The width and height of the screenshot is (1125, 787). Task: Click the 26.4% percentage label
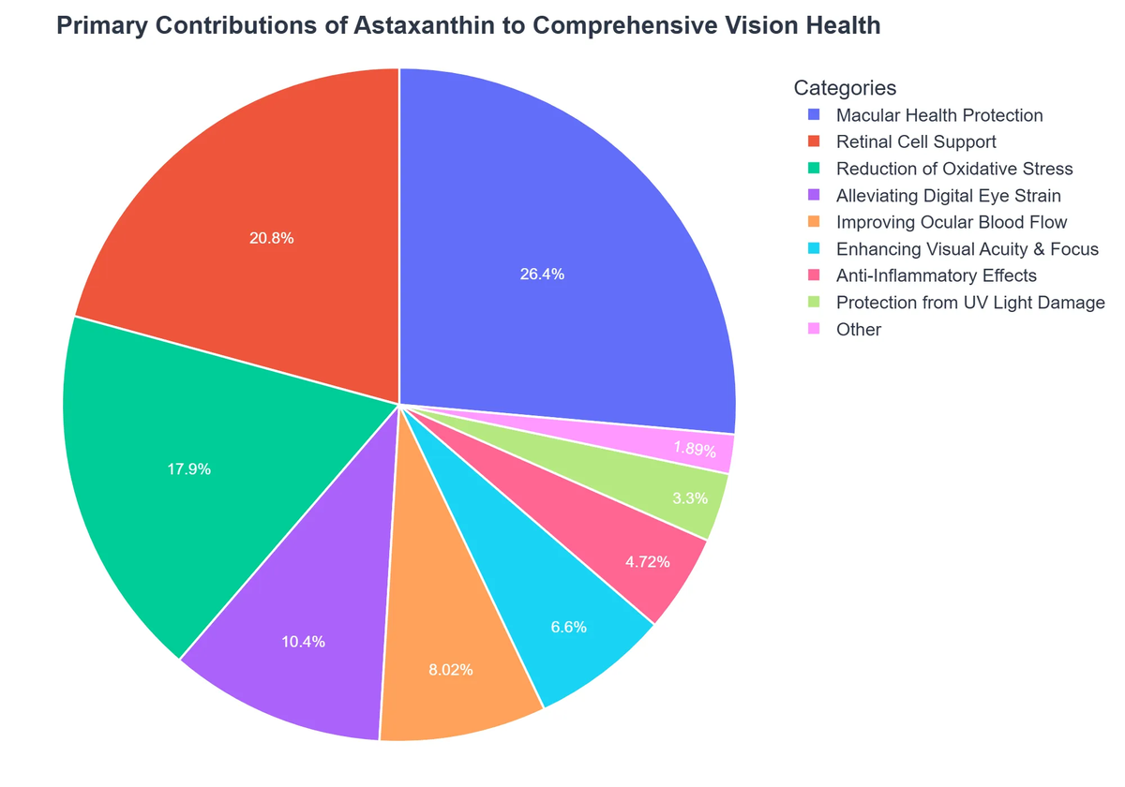542,275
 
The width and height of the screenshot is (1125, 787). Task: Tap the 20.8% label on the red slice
272,238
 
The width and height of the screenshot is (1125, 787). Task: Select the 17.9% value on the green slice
189,469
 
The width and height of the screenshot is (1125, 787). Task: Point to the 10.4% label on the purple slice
303,642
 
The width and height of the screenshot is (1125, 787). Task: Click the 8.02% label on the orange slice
451,670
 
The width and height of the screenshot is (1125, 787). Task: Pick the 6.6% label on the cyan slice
568,627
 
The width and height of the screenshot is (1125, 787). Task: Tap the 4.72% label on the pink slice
647,562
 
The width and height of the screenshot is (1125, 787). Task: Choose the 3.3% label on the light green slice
690,498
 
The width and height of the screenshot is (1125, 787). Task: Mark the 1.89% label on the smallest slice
695,449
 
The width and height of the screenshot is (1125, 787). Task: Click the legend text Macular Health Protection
938,115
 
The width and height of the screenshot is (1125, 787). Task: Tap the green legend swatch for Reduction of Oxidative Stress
814,169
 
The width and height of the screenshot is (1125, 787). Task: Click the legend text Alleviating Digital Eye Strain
948,196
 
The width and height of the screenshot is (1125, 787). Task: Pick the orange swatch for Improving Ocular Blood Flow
814,222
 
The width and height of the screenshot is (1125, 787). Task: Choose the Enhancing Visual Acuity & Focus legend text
967,249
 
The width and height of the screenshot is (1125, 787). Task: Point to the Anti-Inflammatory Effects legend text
936,275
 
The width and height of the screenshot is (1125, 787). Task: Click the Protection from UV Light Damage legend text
970,303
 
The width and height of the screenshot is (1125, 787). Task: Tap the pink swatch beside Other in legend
814,329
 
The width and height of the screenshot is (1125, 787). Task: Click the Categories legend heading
845,88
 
